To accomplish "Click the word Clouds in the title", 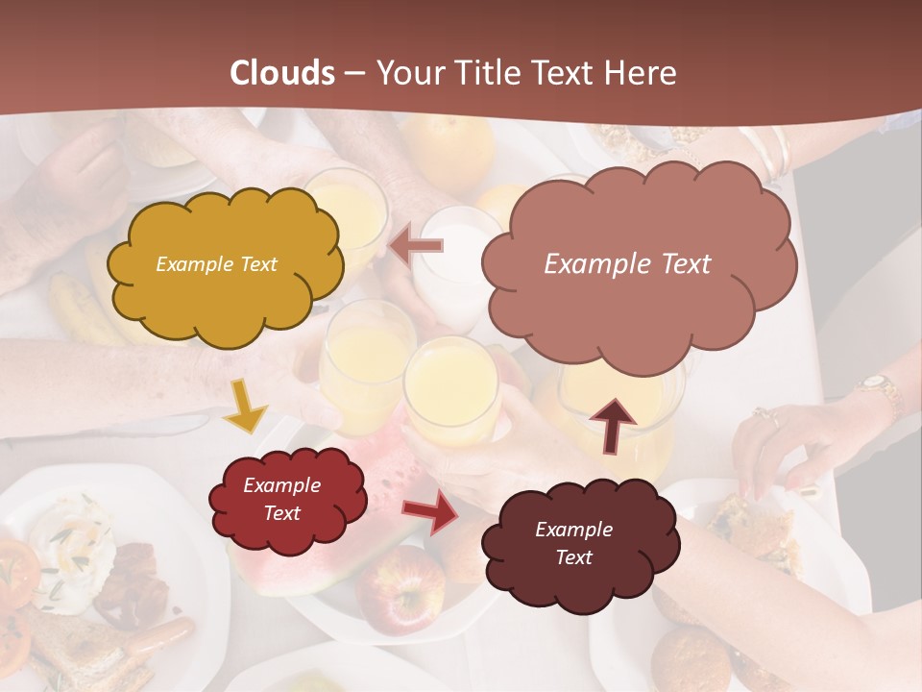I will coord(283,73).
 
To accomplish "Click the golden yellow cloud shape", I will coord(225,265).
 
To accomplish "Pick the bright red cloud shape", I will coord(287,500).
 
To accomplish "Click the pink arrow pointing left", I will coord(417,246).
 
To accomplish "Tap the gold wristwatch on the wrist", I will coord(879,387).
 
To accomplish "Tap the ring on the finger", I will coord(764,416).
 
